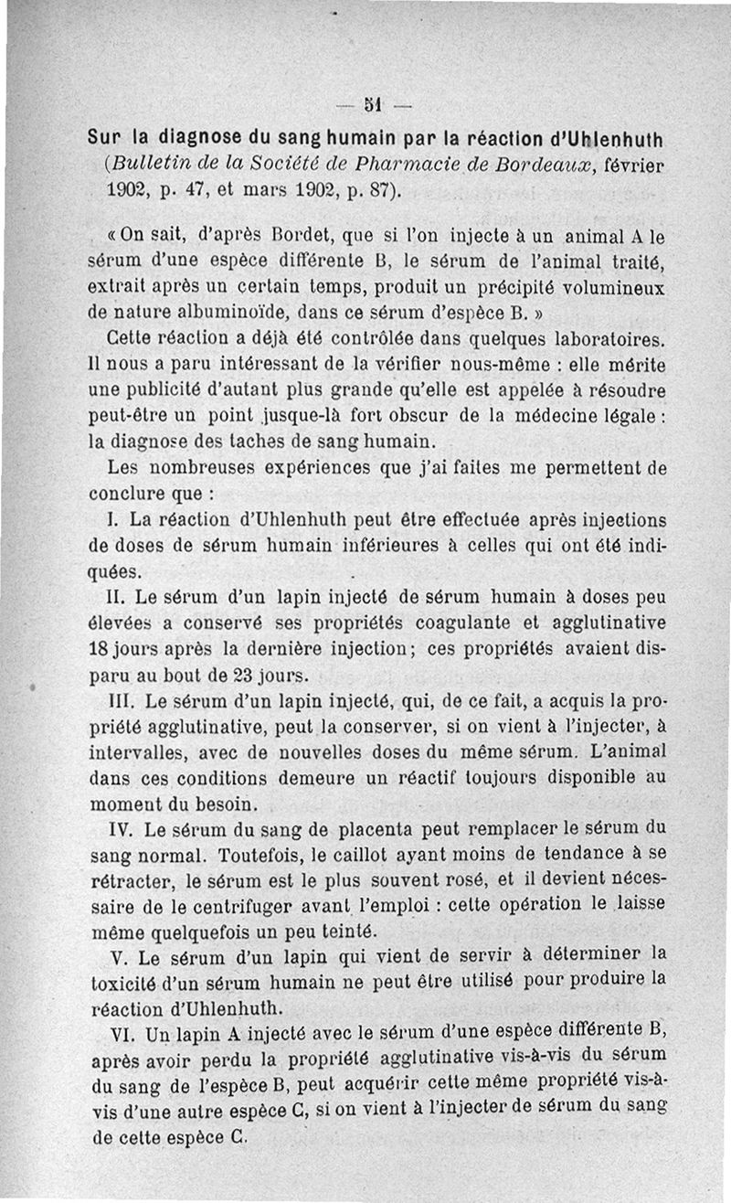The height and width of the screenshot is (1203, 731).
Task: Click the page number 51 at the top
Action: click(x=373, y=100)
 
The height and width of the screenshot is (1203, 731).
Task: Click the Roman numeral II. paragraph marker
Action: click(x=119, y=598)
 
